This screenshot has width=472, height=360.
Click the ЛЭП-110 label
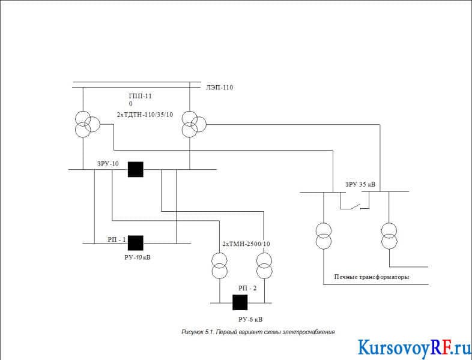point(219,88)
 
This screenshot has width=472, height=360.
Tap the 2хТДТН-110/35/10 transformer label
point(145,115)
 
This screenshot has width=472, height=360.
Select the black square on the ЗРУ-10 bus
point(136,169)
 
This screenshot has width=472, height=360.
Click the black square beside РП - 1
point(136,243)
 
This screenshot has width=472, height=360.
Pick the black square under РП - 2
point(240,302)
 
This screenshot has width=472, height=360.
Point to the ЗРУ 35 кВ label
point(360,184)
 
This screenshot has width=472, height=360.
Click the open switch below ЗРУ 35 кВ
point(355,206)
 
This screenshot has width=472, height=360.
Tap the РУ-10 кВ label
point(138,257)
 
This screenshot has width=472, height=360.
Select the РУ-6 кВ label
point(250,319)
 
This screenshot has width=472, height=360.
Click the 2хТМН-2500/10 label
point(246,244)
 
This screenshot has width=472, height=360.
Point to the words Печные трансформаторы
point(372,277)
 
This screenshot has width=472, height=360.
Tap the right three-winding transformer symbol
point(194,124)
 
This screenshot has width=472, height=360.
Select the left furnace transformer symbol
point(324,236)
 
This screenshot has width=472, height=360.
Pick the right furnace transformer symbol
point(389,236)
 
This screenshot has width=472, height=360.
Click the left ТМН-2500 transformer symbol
point(219,266)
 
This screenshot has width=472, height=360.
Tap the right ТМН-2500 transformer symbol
point(264,266)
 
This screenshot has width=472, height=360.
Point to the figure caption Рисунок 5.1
point(258,332)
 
